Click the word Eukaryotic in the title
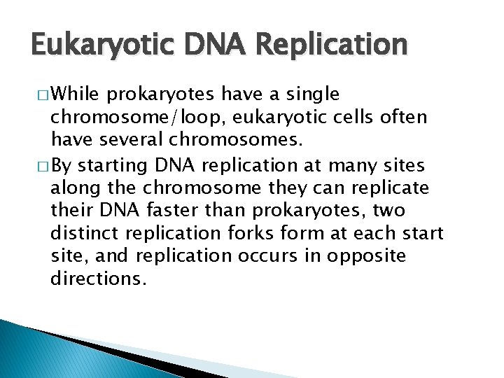pyautogui.click(x=95, y=45)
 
